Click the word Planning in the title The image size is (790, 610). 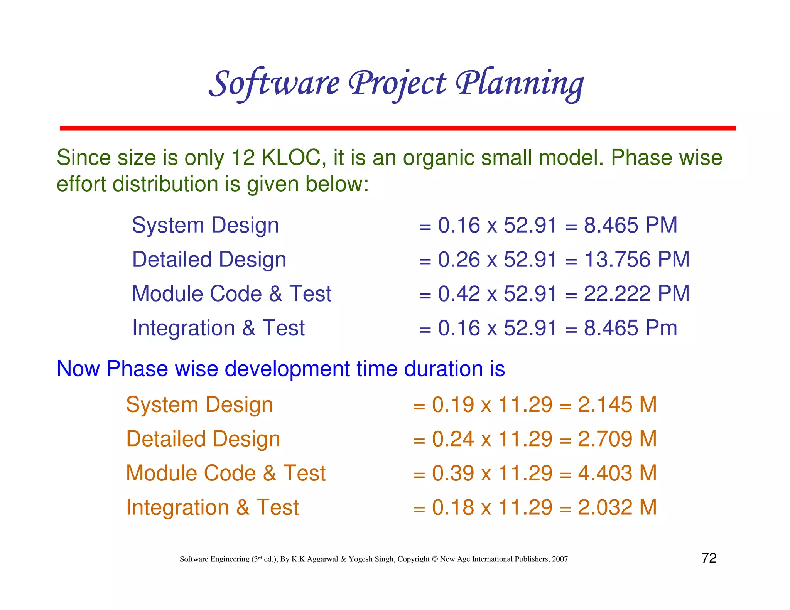[x=520, y=84]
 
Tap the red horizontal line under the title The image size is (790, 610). [x=397, y=128]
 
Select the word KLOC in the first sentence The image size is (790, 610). [x=290, y=158]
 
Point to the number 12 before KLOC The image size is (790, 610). [x=243, y=158]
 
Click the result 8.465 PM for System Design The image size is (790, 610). [x=630, y=225]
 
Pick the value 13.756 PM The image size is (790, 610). [x=636, y=260]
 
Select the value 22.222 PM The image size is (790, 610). [x=636, y=294]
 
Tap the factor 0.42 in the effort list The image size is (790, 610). [x=459, y=294]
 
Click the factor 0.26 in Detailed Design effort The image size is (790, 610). [x=459, y=260]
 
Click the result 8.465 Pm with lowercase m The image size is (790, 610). [x=630, y=328]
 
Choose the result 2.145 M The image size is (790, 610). [x=617, y=405]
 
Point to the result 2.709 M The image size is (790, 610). [x=617, y=439]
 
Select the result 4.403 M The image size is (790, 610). [x=617, y=473]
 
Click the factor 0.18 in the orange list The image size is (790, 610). [x=453, y=507]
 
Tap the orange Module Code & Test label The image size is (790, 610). [x=226, y=473]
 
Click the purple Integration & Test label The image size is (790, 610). [x=218, y=328]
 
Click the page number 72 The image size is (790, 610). [x=709, y=558]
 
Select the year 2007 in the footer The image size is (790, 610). [x=560, y=559]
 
